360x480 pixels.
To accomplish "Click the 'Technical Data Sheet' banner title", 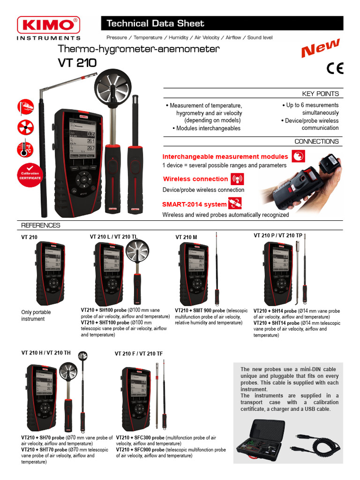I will [155, 23].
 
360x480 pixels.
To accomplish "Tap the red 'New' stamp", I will [320, 48].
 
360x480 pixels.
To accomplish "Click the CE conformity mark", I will [335, 68].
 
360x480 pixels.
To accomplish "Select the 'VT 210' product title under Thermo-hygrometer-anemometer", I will [77, 63].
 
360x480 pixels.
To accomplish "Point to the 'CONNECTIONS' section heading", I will [316, 142].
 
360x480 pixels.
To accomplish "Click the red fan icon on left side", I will [25, 127].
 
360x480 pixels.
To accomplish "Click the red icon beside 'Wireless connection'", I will [237, 179].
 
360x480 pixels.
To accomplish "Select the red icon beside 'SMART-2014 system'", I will [234, 204].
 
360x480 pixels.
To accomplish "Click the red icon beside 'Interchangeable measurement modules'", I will [298, 157].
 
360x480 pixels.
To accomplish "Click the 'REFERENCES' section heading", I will [41, 225].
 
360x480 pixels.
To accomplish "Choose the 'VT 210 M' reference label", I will [186, 237].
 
